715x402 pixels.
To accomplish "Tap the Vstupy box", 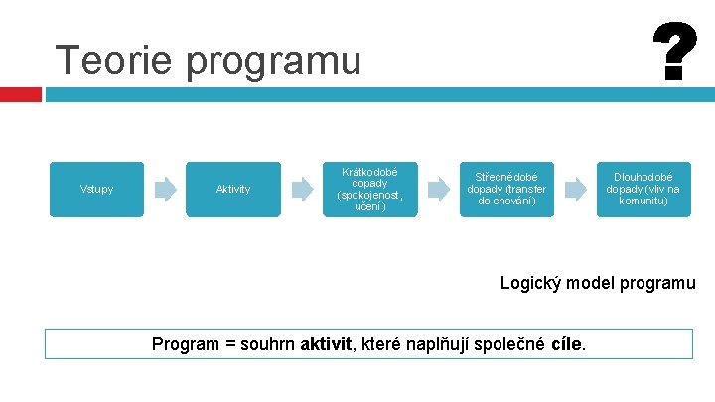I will click(x=96, y=189).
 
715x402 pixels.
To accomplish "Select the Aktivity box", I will click(x=233, y=189).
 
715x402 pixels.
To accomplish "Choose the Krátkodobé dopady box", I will click(x=370, y=189).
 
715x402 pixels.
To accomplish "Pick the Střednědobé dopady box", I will click(x=506, y=189).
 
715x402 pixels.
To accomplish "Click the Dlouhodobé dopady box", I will click(x=643, y=189).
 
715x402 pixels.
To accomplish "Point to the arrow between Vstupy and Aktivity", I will click(x=165, y=189).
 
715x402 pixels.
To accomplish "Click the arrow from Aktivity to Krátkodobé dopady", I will click(x=302, y=189).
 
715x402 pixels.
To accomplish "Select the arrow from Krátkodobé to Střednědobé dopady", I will click(x=438, y=189).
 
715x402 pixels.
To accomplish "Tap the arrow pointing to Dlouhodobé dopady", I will click(x=574, y=189).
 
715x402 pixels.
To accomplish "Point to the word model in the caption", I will click(x=594, y=283).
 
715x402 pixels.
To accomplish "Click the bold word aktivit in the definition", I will click(x=325, y=344).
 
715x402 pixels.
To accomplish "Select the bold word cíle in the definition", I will click(x=565, y=344).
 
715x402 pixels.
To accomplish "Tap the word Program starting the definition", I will click(x=185, y=344).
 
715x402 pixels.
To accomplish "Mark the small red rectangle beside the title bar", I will click(x=21, y=94).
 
